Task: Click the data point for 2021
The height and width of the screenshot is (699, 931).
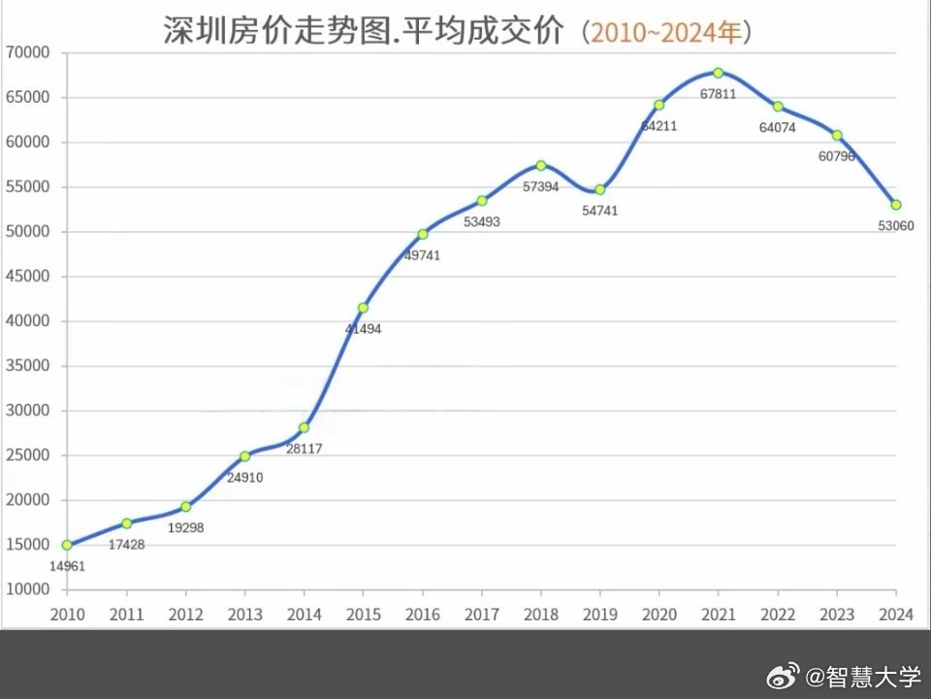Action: tap(718, 73)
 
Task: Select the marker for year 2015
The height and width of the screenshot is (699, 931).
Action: tap(363, 308)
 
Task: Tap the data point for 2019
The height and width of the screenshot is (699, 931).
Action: tap(599, 189)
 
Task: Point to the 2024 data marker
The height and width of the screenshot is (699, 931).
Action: tap(896, 205)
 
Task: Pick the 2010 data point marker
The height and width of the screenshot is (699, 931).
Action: tap(67, 545)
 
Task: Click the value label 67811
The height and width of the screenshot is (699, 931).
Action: tap(718, 94)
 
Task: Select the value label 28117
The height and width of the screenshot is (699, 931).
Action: tap(304, 449)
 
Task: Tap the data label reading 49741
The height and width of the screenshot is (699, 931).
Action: tap(422, 255)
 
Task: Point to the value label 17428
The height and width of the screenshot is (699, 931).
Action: tap(126, 545)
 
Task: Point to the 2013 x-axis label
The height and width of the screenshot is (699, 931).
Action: tap(244, 614)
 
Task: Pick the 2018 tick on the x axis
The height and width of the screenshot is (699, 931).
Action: tap(540, 614)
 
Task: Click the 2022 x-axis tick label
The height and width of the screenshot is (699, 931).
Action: tap(778, 614)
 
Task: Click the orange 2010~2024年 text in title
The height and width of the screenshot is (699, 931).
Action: tap(666, 32)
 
